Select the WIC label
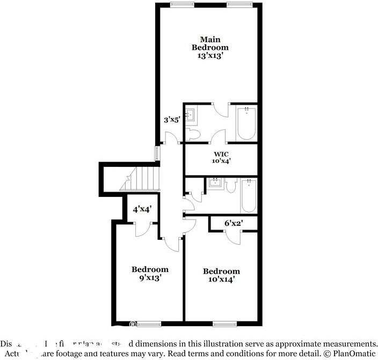pos(221,153)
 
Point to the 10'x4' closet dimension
pos(221,161)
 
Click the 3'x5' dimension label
pos(171,120)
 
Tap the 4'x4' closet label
pos(142,209)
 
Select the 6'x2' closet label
pos(232,223)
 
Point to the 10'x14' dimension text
pos(221,279)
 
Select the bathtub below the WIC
pos(249,197)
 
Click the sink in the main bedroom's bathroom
pos(191,114)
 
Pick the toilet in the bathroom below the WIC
pos(231,186)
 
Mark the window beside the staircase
pos(157,153)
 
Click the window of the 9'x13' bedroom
pos(149,324)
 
